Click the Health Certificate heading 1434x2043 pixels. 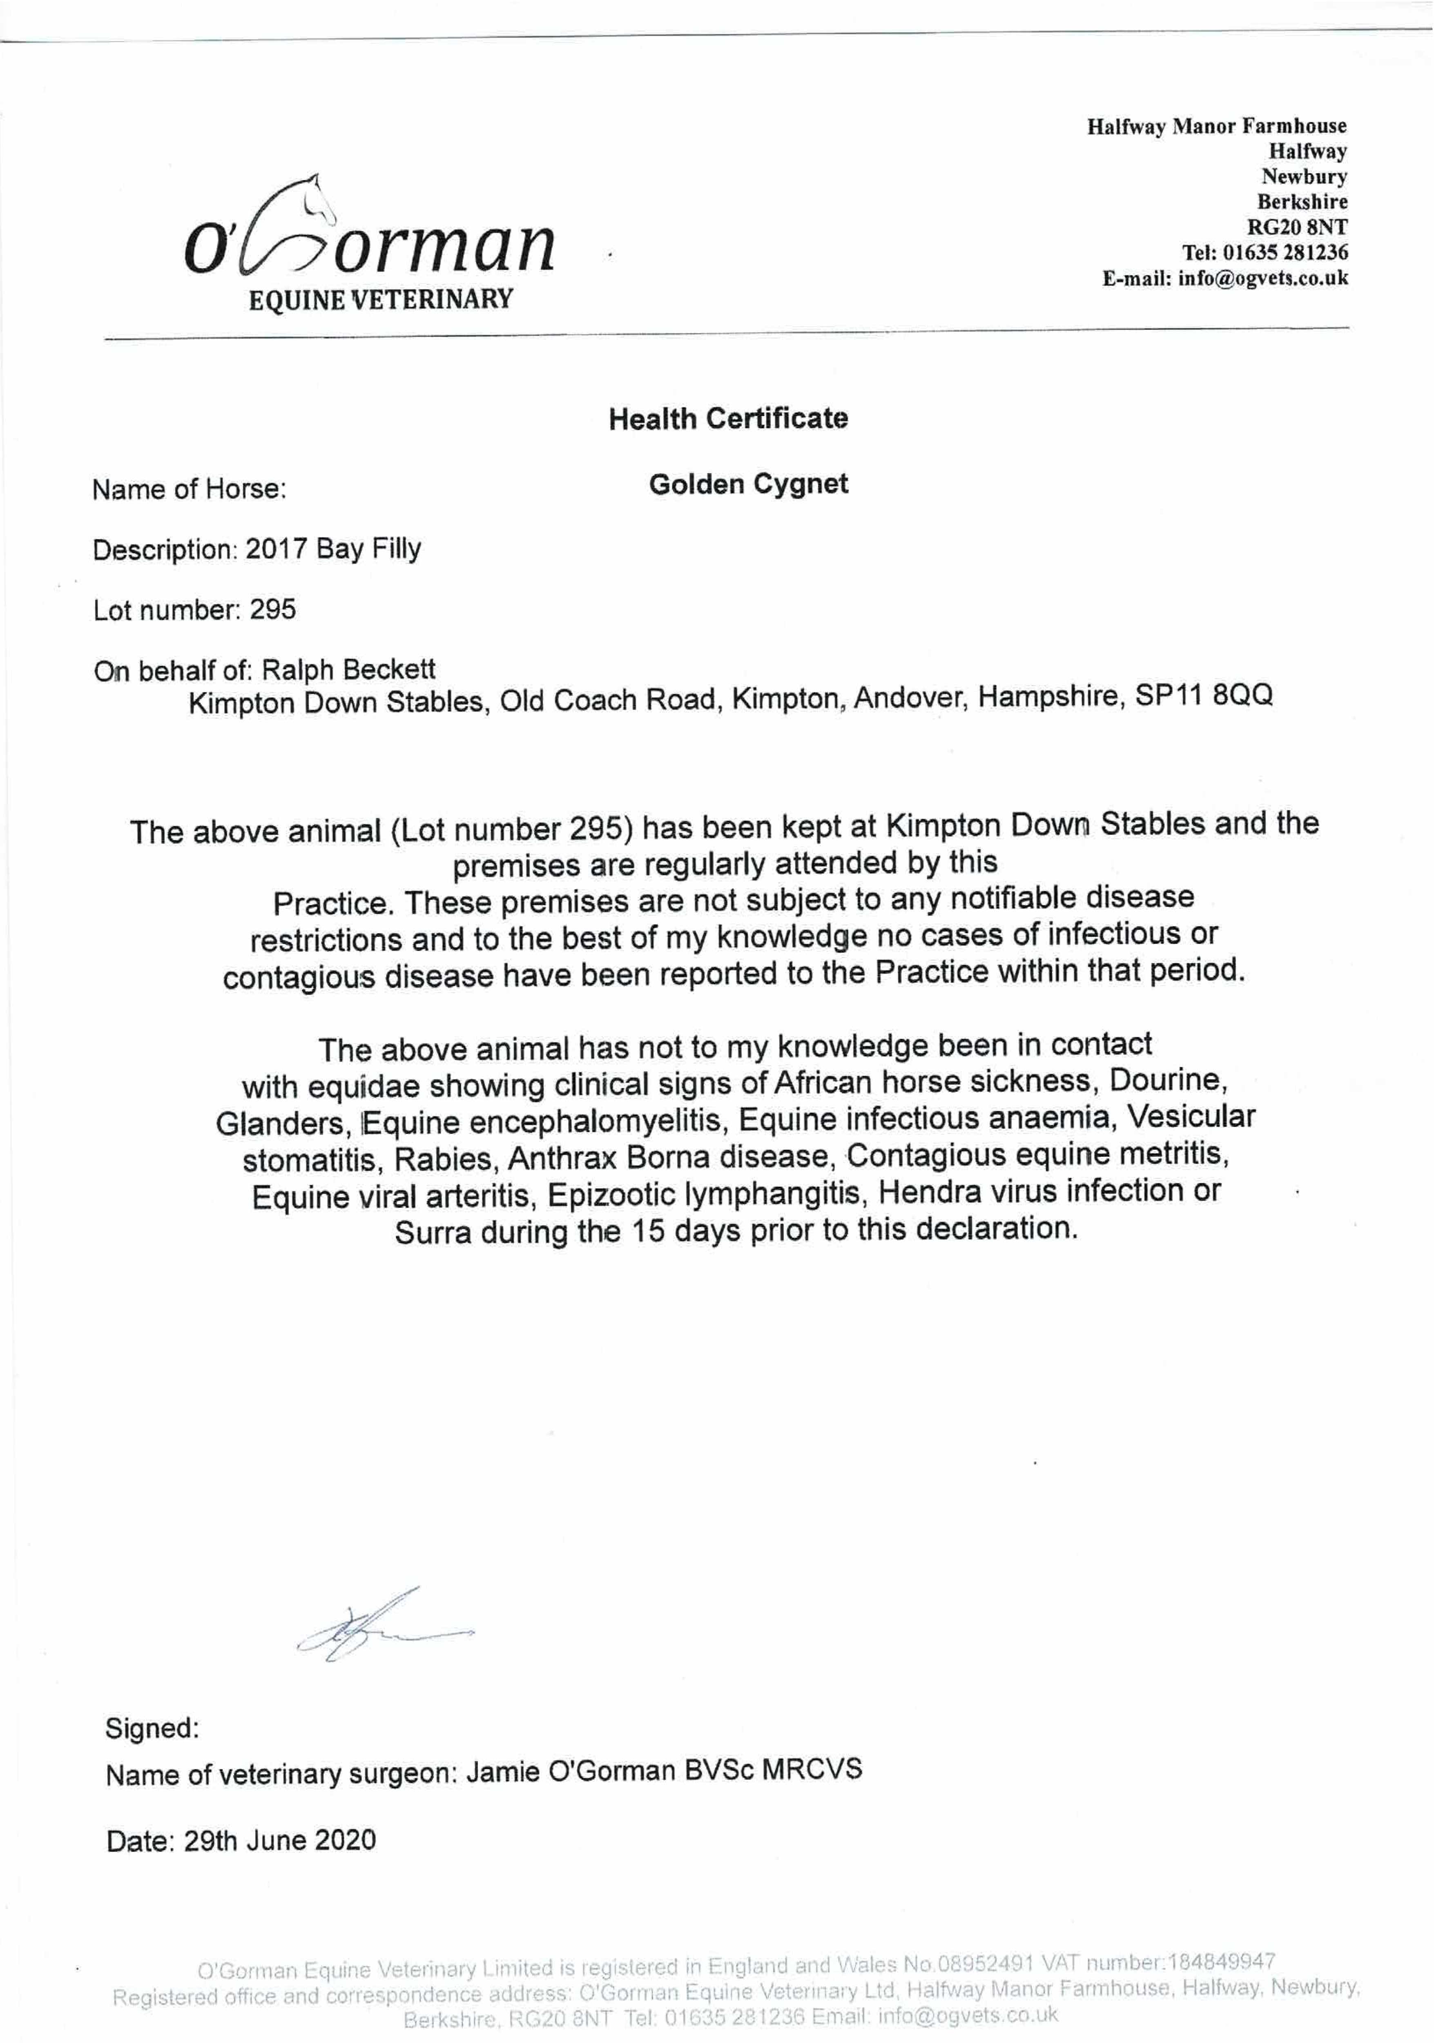point(728,418)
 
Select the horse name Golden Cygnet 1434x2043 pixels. point(748,484)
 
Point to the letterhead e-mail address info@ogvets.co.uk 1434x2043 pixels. point(1263,277)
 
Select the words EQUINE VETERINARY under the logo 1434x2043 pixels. point(381,299)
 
